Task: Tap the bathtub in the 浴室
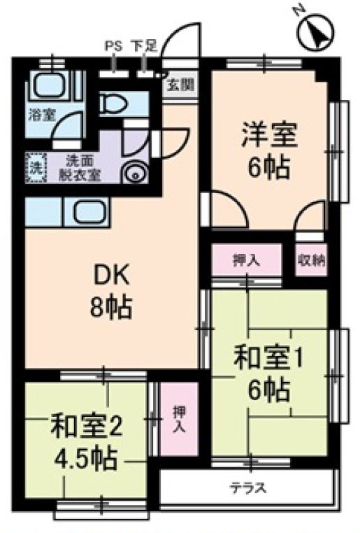49,87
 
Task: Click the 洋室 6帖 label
270,149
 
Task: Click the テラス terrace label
249,488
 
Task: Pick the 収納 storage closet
310,261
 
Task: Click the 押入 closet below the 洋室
247,261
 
